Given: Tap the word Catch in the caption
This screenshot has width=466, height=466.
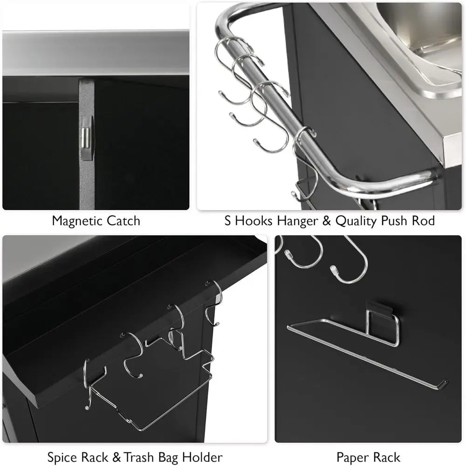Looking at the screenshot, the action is (x=123, y=221).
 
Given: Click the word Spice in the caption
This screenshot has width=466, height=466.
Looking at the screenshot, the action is (x=63, y=458).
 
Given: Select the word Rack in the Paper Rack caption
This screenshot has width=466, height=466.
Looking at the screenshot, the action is (x=387, y=457).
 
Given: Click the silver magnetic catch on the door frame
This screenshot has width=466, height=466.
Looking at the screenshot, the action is (x=87, y=138).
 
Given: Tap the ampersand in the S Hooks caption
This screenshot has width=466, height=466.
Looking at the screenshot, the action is (x=326, y=221).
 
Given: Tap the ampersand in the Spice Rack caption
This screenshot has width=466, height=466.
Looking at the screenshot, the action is (x=117, y=457).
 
